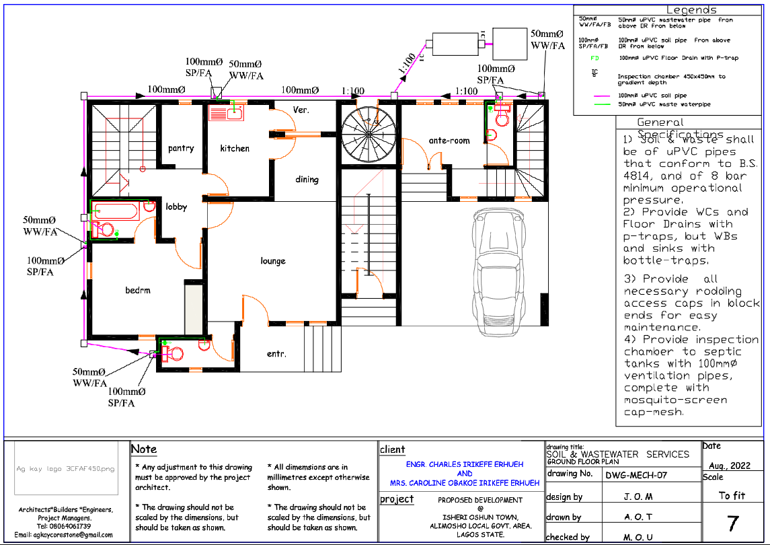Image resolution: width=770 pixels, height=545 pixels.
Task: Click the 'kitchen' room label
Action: (235, 148)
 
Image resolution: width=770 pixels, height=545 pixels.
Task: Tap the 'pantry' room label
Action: (181, 148)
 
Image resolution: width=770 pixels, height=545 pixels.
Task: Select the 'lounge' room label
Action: (273, 261)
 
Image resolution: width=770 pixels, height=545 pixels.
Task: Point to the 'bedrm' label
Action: (138, 291)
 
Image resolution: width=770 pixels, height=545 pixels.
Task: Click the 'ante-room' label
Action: (449, 141)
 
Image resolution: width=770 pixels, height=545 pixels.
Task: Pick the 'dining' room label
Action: (307, 180)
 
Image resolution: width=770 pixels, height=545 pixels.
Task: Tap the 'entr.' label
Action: (276, 353)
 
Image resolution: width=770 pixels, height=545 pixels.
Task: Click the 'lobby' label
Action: (176, 207)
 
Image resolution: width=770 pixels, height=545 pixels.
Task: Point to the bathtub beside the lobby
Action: (115, 212)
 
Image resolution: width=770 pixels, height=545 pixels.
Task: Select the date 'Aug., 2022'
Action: (730, 466)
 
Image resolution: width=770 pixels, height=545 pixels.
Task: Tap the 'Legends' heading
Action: (691, 10)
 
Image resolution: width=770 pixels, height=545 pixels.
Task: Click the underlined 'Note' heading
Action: (144, 449)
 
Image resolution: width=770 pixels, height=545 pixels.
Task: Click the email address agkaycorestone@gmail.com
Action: (64, 535)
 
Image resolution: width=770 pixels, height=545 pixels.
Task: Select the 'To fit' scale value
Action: (732, 495)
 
